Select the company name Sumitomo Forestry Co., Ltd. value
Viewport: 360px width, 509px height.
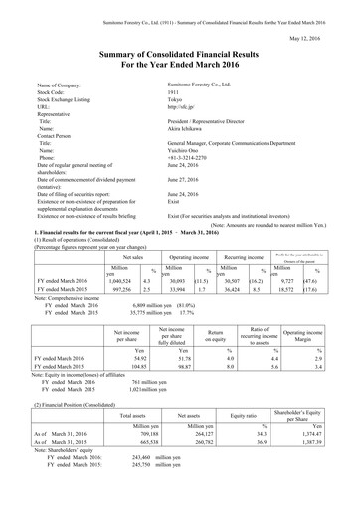pyautogui.click(x=210, y=87)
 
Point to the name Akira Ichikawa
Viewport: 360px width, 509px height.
pyautogui.click(x=193, y=133)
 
